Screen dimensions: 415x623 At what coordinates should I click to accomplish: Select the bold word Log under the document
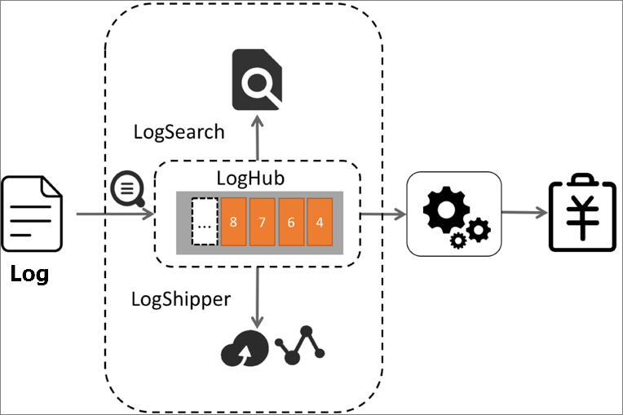[29, 275]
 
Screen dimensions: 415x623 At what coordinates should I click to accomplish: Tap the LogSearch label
[179, 132]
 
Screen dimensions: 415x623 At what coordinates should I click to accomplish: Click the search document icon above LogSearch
[257, 79]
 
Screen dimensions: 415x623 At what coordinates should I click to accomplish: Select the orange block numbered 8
[233, 221]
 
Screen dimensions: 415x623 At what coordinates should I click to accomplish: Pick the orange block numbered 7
[262, 221]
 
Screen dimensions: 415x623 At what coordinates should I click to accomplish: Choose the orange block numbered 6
[290, 221]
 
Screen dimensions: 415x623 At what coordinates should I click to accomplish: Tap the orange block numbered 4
[319, 221]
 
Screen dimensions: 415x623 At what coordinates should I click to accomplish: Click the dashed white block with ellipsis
[205, 221]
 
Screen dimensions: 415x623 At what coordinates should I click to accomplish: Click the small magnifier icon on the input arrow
[127, 190]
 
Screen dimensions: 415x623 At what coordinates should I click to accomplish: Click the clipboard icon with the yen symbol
[581, 212]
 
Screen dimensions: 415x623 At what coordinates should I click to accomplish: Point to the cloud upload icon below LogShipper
[242, 348]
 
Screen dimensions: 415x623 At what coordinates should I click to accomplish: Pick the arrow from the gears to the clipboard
[524, 213]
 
